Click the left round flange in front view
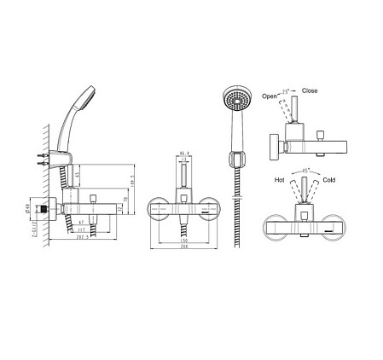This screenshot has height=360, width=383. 158,209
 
